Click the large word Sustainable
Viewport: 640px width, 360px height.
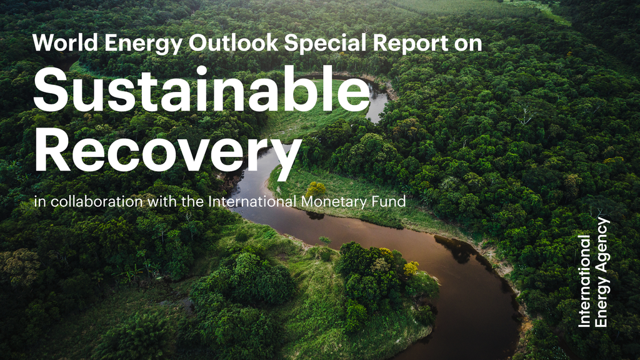tap(201, 91)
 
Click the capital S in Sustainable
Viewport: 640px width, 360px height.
tap(51, 91)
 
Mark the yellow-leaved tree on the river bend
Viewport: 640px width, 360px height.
tap(411, 268)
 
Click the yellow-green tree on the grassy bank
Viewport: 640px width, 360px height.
tap(316, 189)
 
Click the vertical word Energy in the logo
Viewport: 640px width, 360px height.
tap(602, 302)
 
